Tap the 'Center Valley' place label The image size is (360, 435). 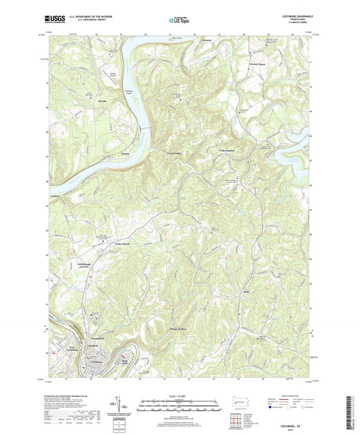(174, 154)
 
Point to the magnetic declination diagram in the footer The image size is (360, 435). (124, 405)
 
